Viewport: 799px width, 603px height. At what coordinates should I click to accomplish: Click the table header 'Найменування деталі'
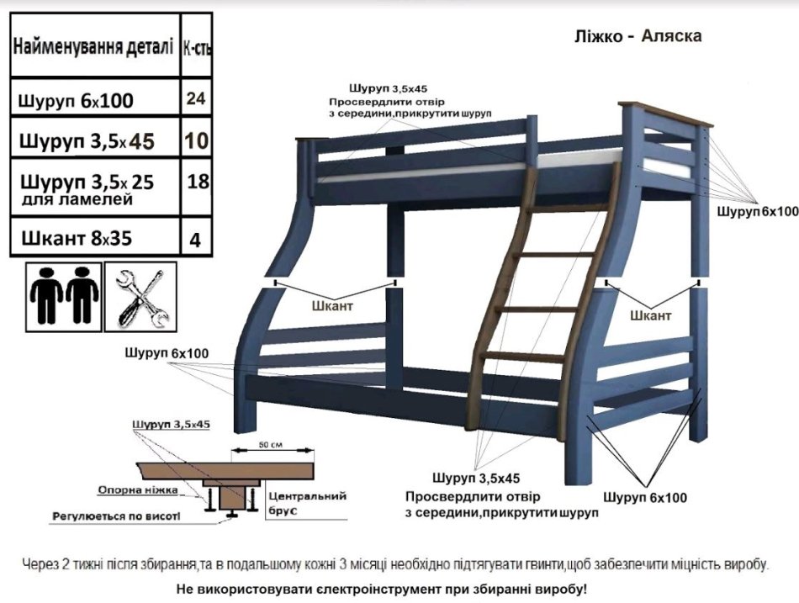pos(93,47)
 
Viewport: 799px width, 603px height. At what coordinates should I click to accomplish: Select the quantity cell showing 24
pos(196,98)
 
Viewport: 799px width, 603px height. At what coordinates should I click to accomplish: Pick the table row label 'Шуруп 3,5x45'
pos(87,140)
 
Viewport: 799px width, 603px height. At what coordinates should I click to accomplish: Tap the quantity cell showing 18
pos(198,181)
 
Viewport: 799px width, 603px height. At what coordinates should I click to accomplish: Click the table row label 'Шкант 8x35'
pos(77,238)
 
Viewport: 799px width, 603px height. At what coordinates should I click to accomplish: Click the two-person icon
pos(64,296)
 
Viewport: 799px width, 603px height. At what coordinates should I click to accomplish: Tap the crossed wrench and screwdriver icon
pos(140,297)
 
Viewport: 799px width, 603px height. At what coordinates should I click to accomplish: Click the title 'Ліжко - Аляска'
pos(638,36)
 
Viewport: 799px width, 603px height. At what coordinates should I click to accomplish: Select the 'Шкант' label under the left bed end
pos(331,306)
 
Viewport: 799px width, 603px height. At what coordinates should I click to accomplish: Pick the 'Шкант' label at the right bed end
pos(651,315)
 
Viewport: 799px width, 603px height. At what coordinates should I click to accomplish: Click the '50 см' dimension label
pos(271,445)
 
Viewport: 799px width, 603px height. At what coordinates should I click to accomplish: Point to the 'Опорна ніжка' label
pos(138,489)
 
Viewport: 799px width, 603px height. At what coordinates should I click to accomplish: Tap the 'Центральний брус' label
pos(307,503)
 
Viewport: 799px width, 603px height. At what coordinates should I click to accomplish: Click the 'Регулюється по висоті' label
pos(116,516)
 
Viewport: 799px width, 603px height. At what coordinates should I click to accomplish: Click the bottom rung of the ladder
pos(523,356)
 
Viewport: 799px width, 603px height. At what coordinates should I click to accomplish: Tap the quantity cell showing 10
pos(197,140)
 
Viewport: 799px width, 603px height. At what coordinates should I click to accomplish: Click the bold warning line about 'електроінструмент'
pos(382,590)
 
